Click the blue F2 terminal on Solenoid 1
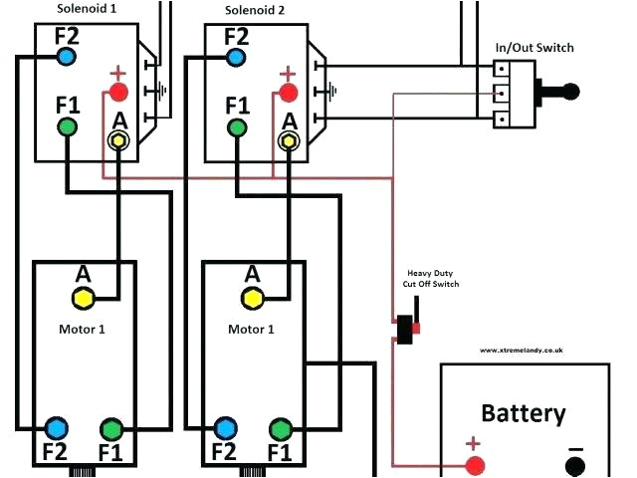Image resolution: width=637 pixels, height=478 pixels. pyautogui.click(x=66, y=57)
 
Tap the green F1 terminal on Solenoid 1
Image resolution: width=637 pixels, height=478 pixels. pyautogui.click(x=67, y=126)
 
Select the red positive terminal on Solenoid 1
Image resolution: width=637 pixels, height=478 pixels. pyautogui.click(x=119, y=93)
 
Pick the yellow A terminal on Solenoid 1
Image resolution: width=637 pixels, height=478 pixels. pyautogui.click(x=119, y=141)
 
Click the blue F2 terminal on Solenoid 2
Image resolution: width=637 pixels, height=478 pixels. pyautogui.click(x=236, y=57)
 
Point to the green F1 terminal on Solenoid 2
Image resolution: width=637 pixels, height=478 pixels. pyautogui.click(x=237, y=126)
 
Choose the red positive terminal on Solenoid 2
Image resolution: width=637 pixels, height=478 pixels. pyautogui.click(x=289, y=93)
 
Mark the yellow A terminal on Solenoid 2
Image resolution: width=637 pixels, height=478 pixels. pyautogui.click(x=289, y=141)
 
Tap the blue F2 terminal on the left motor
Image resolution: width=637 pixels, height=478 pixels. pyautogui.click(x=56, y=429)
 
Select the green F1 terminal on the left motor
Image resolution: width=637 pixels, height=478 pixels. pyautogui.click(x=111, y=429)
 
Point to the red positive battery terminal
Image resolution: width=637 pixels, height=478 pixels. pyautogui.click(x=476, y=465)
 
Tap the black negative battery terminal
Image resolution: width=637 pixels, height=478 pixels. pyautogui.click(x=575, y=465)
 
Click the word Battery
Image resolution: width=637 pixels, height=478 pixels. pyautogui.click(x=524, y=413)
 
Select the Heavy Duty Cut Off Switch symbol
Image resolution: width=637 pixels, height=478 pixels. pyautogui.click(x=407, y=330)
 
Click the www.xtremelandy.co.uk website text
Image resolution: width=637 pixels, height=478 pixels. pyautogui.click(x=523, y=351)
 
